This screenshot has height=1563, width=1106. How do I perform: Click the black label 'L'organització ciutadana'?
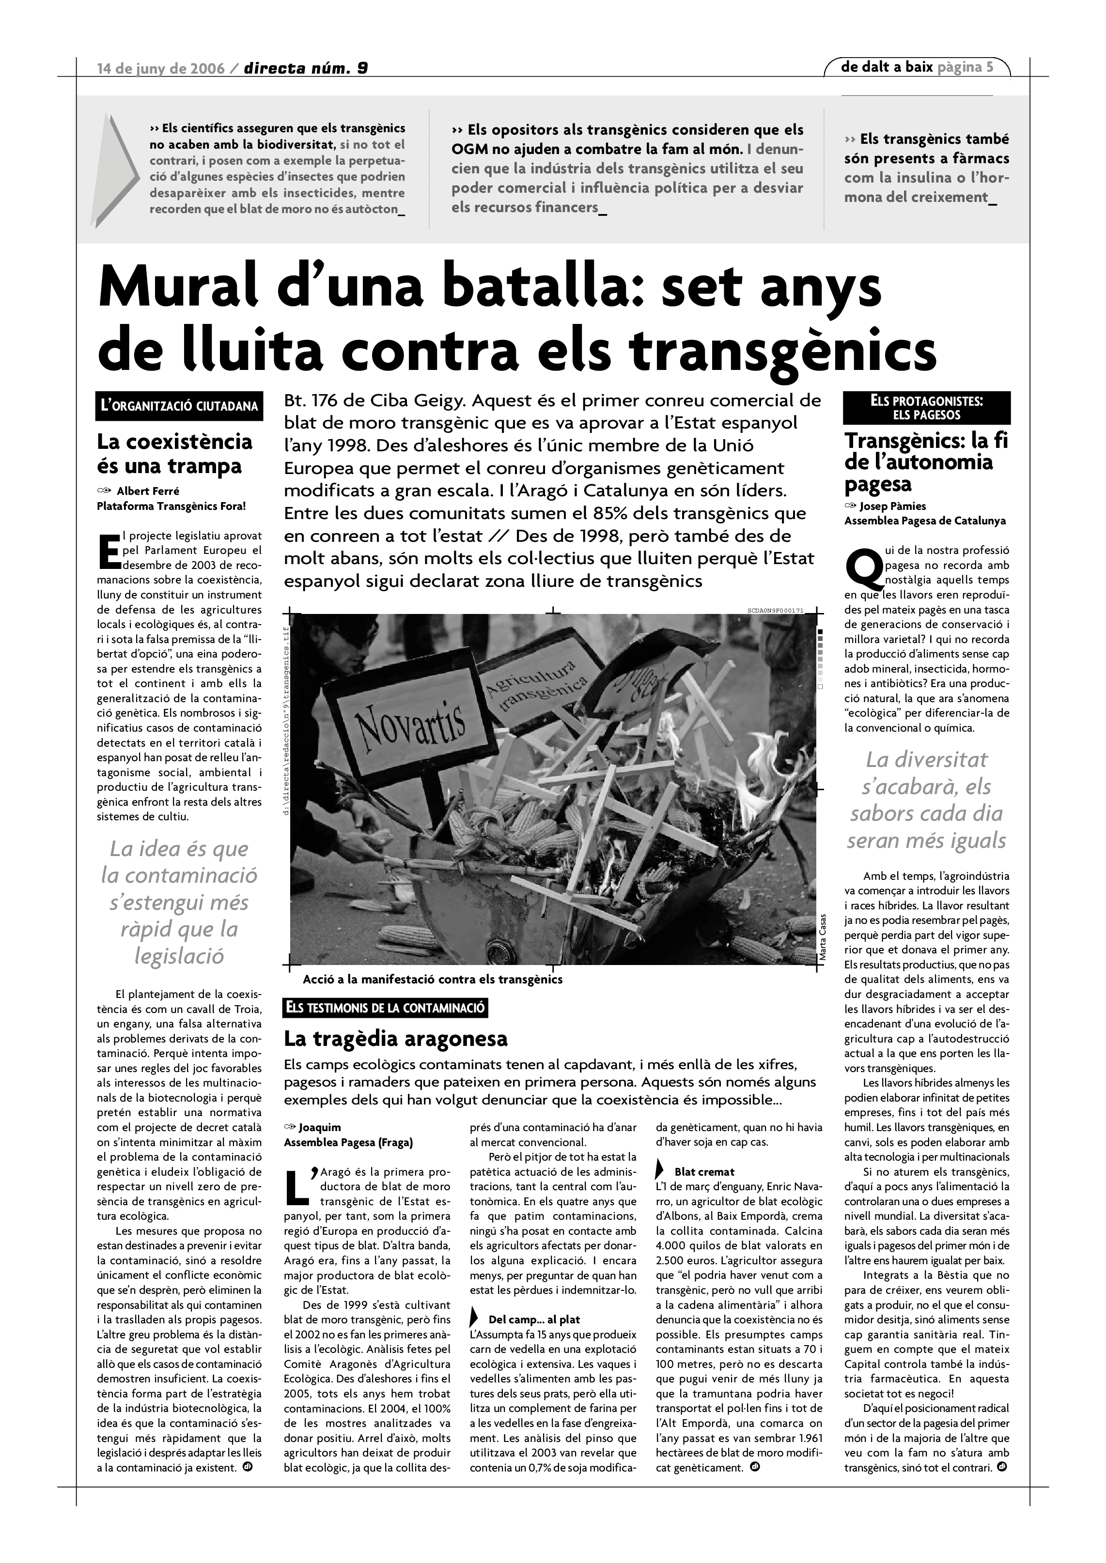(x=179, y=406)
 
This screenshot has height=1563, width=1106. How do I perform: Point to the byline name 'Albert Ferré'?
(x=148, y=491)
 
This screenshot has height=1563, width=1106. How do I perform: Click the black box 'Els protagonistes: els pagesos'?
(x=926, y=408)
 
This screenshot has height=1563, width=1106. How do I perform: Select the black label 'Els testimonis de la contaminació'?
(x=386, y=1008)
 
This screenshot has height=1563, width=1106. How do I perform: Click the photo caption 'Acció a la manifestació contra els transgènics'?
(x=433, y=980)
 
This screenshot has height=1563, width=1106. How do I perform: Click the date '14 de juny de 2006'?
(x=161, y=68)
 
